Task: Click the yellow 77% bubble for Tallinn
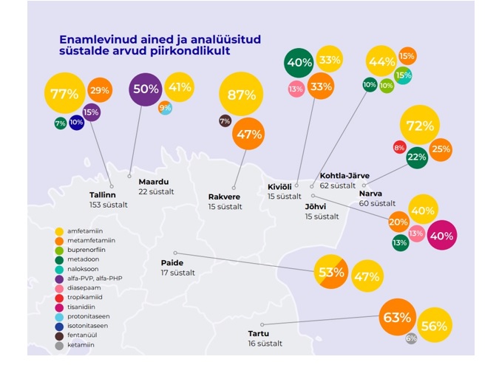click(x=64, y=94)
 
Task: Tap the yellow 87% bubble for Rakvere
click(x=240, y=94)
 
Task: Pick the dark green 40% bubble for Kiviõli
click(x=299, y=63)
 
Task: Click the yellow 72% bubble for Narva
click(x=419, y=126)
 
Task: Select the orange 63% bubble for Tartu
click(x=396, y=318)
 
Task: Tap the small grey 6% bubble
click(x=411, y=338)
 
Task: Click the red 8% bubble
click(x=399, y=147)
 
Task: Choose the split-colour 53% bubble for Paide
click(x=331, y=271)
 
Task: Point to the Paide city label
click(x=173, y=262)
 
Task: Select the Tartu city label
click(x=260, y=333)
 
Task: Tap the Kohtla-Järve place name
click(x=344, y=176)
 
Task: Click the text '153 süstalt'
click(x=108, y=205)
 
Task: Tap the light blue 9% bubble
click(x=166, y=109)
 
